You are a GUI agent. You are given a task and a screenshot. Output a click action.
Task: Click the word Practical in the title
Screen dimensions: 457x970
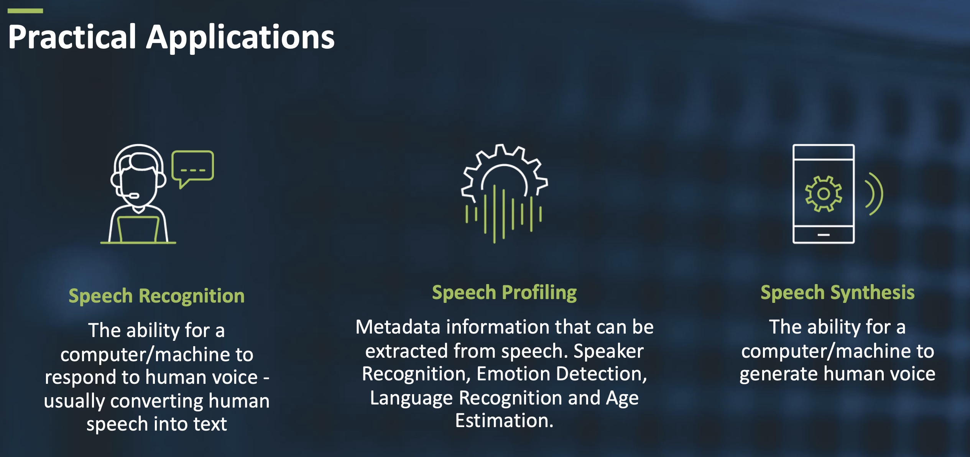click(x=72, y=37)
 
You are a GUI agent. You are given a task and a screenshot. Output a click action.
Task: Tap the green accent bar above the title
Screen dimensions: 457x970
click(x=25, y=11)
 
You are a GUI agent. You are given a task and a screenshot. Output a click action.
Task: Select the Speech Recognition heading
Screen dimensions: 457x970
click(x=156, y=296)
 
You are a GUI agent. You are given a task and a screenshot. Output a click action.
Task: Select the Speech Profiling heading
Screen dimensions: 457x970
click(x=504, y=293)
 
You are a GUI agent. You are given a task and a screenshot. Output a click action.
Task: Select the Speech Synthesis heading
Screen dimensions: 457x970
click(x=837, y=293)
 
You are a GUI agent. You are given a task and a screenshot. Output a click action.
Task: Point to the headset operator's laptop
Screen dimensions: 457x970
click(x=138, y=229)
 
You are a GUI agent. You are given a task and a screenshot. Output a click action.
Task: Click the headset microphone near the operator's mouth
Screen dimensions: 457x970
click(x=133, y=196)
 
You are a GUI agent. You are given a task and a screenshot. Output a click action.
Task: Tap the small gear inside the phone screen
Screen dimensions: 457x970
click(x=823, y=194)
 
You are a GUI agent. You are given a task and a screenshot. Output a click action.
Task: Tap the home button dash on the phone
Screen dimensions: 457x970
click(x=823, y=234)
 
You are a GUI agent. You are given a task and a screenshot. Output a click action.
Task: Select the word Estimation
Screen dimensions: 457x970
click(x=504, y=421)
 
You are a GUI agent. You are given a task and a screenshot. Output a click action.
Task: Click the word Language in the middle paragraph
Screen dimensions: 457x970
click(x=411, y=398)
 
